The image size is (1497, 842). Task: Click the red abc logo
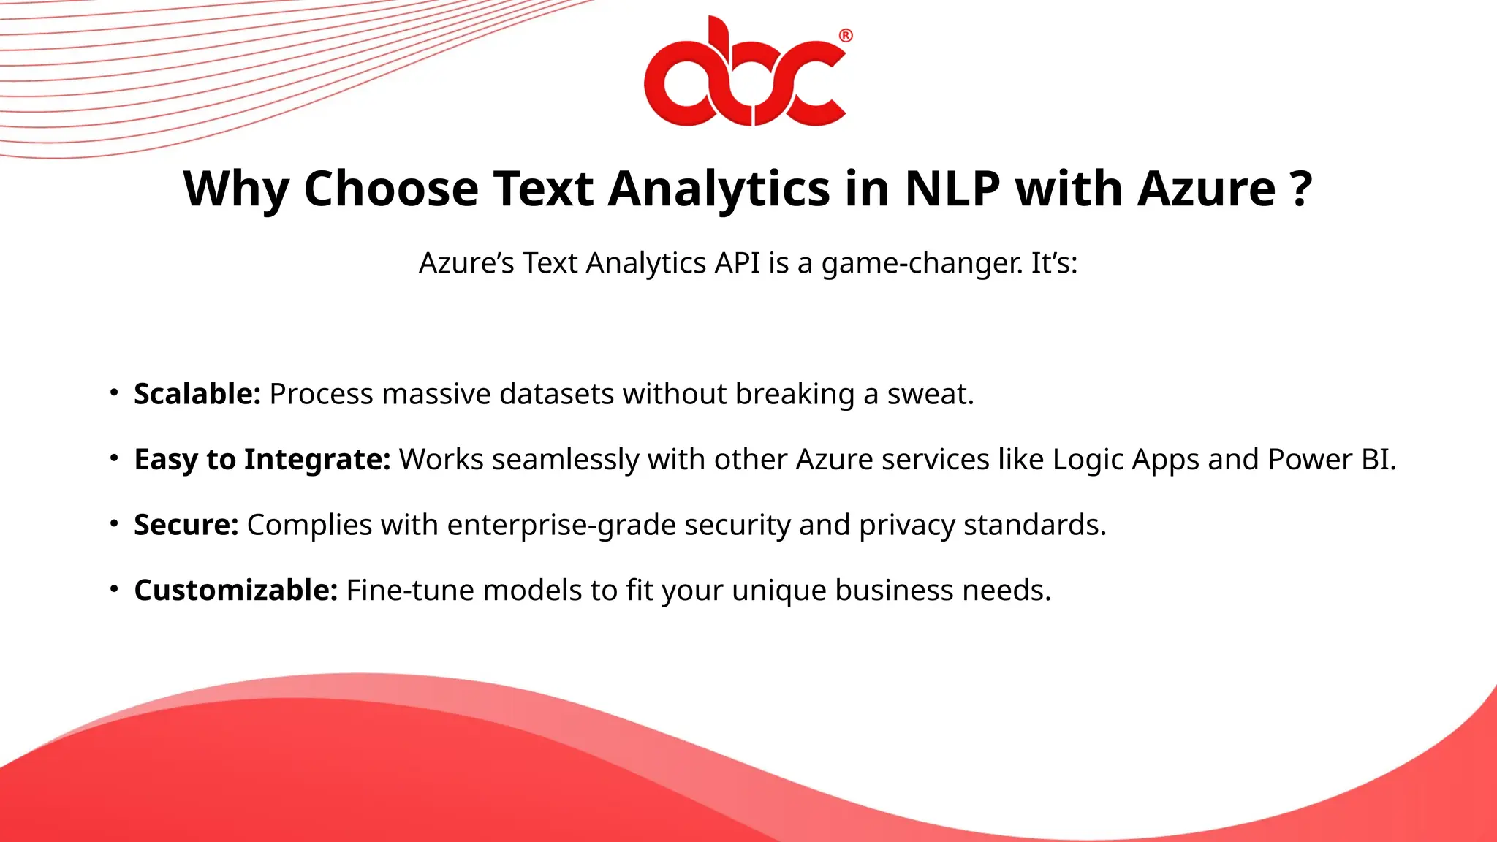(x=745, y=73)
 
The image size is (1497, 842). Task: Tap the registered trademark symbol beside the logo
(x=845, y=36)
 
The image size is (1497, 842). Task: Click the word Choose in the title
(x=390, y=189)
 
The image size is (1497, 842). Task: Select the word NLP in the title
(x=952, y=189)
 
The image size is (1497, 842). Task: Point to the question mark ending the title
(x=1301, y=189)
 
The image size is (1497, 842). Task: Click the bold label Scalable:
(x=197, y=394)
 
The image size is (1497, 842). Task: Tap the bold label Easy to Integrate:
(x=262, y=460)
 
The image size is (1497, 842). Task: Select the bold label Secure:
(x=186, y=525)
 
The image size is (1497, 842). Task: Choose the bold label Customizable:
(x=236, y=591)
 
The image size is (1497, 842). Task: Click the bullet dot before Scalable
(x=114, y=392)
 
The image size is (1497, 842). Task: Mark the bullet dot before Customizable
(x=114, y=589)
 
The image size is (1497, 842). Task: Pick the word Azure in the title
(x=1206, y=189)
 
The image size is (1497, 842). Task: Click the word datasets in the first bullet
(x=557, y=394)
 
